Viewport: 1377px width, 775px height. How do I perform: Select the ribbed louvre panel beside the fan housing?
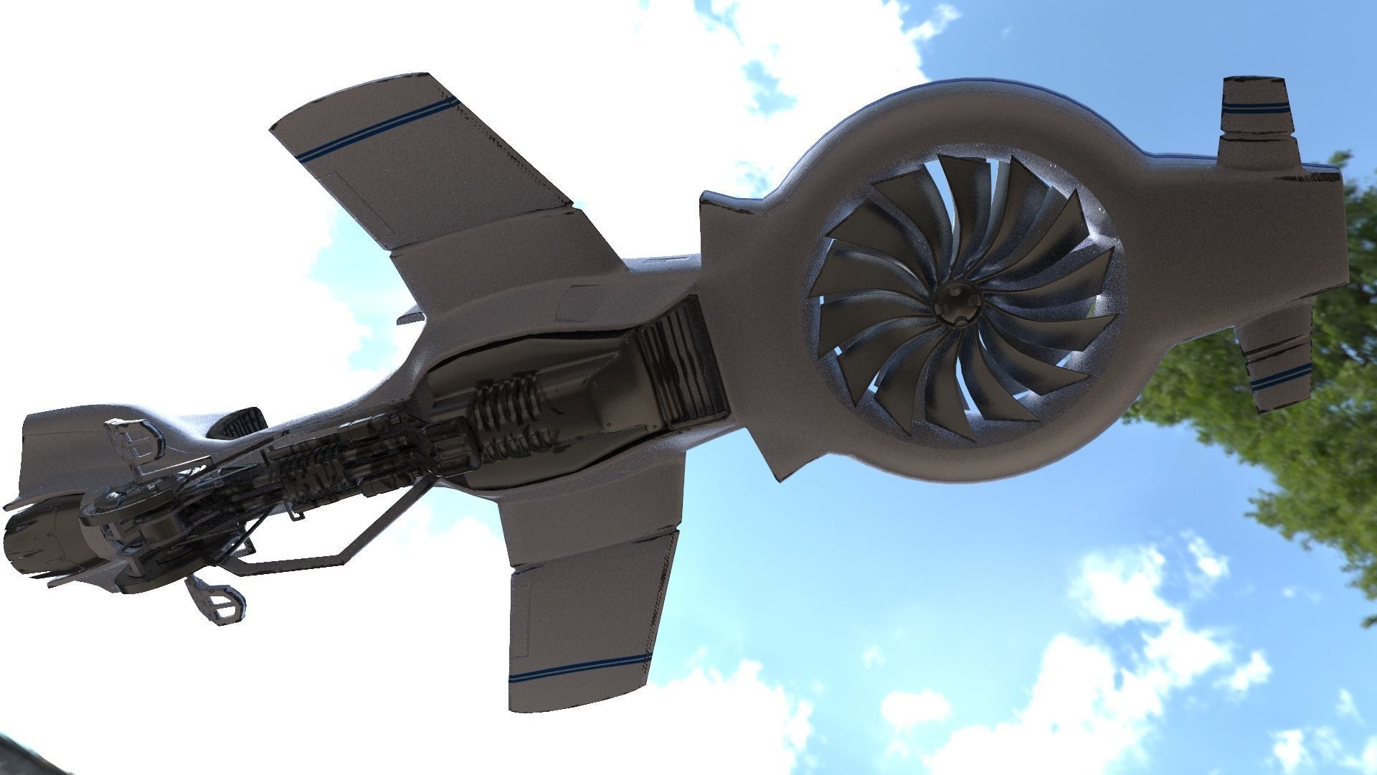pos(678,366)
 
